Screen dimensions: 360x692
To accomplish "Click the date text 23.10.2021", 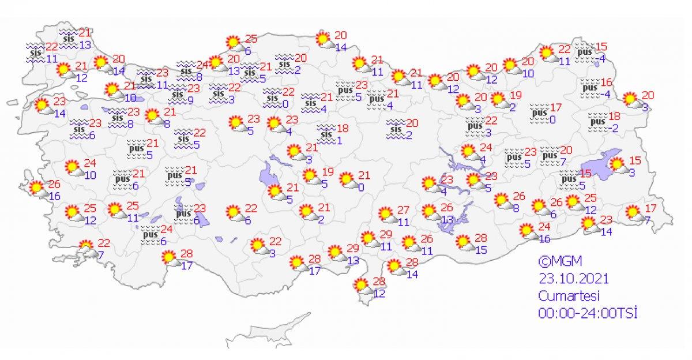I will click(x=574, y=279).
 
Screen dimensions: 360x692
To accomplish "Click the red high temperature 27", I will click(x=403, y=209).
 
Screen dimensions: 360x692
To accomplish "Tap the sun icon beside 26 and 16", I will click(x=37, y=188).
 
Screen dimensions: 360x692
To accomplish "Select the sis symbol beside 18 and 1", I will click(x=326, y=132).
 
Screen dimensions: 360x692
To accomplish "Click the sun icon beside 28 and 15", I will click(x=463, y=242).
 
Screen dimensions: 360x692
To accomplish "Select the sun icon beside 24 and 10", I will click(x=73, y=167).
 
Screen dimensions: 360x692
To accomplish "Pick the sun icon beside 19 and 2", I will click(x=498, y=99).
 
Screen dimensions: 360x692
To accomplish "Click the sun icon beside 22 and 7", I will click(x=86, y=247).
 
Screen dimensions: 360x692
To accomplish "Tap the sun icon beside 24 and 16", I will click(x=527, y=231).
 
